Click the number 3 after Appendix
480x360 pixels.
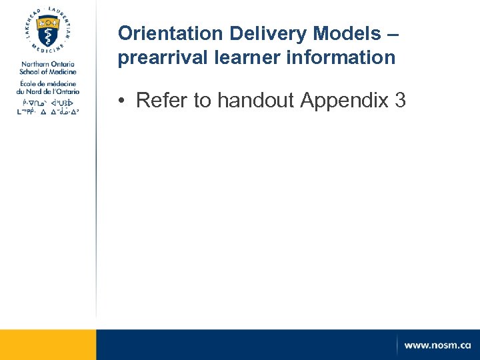click(x=400, y=101)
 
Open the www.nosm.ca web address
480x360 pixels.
click(x=437, y=345)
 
